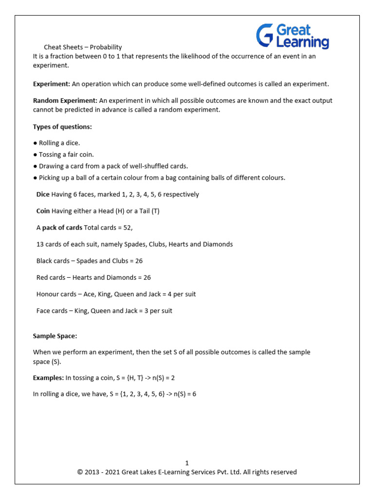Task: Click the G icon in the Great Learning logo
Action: pos(265,37)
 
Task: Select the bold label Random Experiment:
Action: pos(65,100)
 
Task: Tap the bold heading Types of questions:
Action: pos(62,127)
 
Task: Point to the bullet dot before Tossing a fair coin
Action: pos(35,154)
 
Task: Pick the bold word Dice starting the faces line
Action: pos(43,194)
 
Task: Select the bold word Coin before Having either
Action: pos(43,211)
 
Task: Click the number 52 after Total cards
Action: pos(127,228)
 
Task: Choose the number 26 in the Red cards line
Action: pos(147,277)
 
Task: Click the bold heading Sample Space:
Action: pos(55,336)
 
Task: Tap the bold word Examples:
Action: pos(48,378)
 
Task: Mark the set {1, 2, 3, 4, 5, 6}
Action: pos(151,394)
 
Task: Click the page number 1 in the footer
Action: pos(187,463)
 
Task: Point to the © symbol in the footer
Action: pos(80,472)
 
